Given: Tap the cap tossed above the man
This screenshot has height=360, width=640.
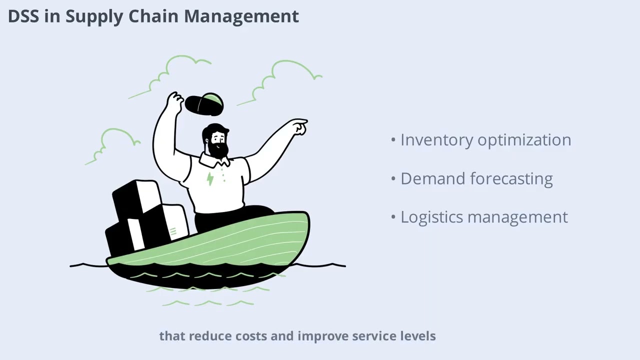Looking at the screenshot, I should [204, 103].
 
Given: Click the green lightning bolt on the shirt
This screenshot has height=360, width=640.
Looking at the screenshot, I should [210, 178].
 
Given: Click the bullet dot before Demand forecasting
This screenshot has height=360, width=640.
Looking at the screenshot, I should [393, 178].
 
